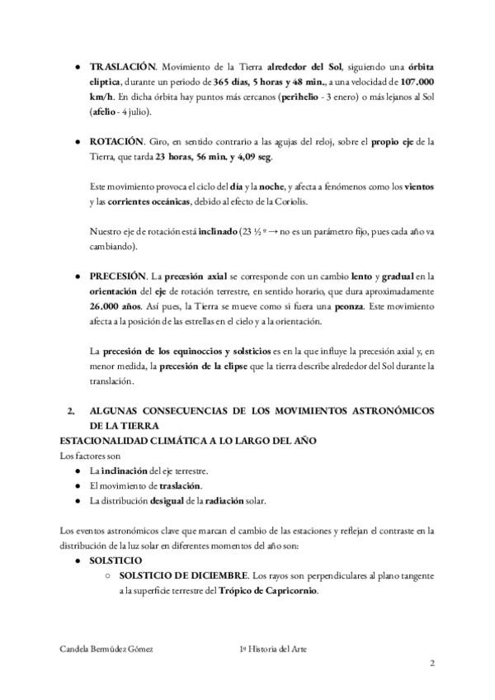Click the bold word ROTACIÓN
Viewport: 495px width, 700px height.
116,143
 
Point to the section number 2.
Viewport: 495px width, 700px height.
71,410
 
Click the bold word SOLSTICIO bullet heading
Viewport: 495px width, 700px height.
117,560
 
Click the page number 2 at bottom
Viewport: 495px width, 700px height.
431,664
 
